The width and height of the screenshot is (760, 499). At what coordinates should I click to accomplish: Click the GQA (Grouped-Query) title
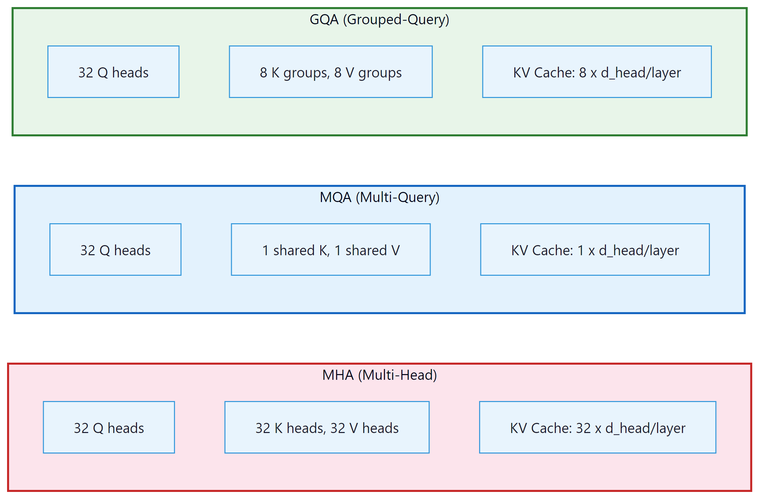pos(379,20)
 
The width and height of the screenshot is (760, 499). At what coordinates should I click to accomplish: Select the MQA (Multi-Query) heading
pos(379,197)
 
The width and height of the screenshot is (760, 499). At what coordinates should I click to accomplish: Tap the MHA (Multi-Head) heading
pos(379,375)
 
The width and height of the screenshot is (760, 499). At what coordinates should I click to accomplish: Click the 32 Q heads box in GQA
pos(113,72)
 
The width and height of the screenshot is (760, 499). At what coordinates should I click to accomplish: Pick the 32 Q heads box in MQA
pos(115,250)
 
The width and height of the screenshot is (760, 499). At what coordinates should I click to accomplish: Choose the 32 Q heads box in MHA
pos(109,428)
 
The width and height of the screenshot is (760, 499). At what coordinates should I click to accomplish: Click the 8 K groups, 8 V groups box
pos(330,72)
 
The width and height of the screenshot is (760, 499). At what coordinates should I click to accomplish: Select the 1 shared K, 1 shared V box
pos(330,250)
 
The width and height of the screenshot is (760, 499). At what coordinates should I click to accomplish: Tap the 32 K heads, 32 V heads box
pos(327,428)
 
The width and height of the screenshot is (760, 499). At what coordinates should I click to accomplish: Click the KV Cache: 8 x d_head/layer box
pos(596,72)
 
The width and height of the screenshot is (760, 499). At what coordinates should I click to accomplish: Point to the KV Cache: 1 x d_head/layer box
pos(594,250)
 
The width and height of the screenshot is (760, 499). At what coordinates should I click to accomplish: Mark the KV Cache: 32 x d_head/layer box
pos(597,428)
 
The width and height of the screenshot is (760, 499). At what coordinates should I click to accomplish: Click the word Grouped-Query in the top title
pos(398,20)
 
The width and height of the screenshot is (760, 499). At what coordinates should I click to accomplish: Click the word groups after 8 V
pos(380,73)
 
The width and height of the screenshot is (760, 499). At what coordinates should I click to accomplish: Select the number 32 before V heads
pos(338,428)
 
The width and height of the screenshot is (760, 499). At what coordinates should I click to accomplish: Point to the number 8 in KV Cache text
pos(582,73)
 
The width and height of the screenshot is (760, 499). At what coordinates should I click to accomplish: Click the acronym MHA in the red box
pos(337,375)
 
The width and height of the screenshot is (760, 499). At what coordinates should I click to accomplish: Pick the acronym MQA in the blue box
pos(335,197)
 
